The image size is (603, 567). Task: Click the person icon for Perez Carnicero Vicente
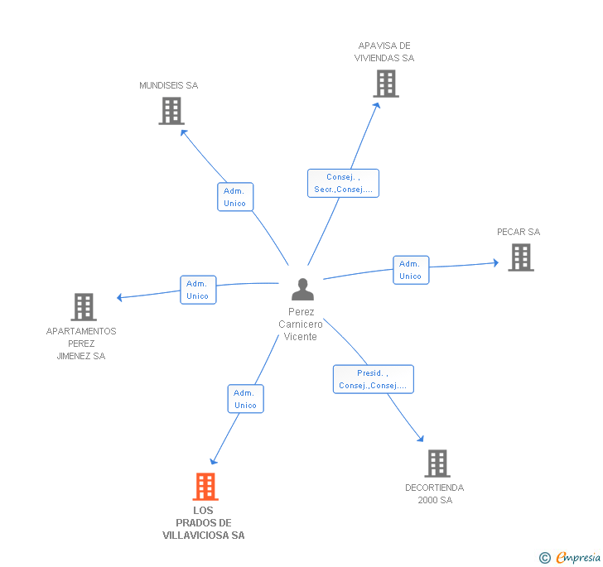point(302,290)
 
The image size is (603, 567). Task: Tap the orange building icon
point(205,487)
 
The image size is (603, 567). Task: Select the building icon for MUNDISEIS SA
point(171,111)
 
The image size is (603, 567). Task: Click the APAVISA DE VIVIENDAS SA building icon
point(385,84)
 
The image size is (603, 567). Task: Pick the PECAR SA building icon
point(520,257)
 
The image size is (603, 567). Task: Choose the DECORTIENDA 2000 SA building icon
point(437,464)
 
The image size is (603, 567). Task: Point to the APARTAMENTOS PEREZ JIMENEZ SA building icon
point(83,306)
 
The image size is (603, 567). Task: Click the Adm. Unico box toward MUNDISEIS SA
point(234,197)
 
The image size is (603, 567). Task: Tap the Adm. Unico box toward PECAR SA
point(410,270)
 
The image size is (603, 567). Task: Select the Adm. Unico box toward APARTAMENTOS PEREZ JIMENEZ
point(197,290)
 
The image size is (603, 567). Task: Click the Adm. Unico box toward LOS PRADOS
point(245,399)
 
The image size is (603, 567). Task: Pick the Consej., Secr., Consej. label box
point(343,183)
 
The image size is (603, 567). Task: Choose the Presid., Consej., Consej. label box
point(373,379)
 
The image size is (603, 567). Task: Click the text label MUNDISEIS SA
point(169,85)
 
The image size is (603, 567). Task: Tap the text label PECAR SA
point(519,232)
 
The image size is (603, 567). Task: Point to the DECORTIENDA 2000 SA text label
point(435,494)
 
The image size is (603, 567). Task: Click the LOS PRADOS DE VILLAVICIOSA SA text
point(204,523)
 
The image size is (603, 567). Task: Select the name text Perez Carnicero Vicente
point(301,324)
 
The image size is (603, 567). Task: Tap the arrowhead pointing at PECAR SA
point(495,263)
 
